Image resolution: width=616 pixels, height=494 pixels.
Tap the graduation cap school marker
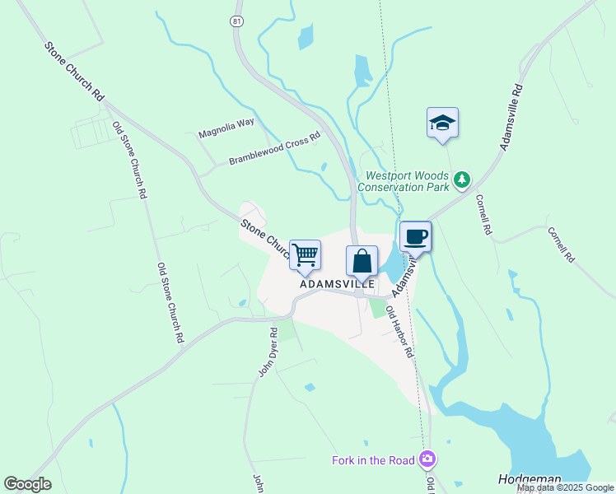tap(443, 123)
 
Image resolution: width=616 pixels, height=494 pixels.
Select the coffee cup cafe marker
tap(415, 237)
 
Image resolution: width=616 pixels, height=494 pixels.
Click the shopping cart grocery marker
tap(306, 255)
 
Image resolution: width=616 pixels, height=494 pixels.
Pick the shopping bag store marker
tap(362, 261)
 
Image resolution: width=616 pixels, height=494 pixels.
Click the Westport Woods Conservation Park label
tap(407, 180)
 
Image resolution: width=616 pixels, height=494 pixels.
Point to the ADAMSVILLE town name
tap(337, 283)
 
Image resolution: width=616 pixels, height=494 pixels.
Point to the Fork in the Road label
tap(373, 459)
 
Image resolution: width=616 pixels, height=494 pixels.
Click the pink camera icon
tap(427, 459)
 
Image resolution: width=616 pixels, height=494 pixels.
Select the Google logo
tap(27, 484)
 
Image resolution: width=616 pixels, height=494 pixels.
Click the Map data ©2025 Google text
tap(565, 487)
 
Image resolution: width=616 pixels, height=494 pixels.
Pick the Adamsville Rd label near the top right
tap(511, 116)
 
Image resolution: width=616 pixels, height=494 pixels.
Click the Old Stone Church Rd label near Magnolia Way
tap(130, 161)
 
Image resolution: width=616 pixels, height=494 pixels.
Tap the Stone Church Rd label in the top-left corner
tap(73, 72)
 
